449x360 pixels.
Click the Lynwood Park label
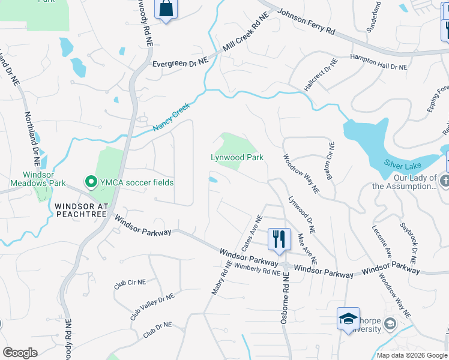coord(237,158)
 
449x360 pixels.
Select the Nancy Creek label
coord(171,117)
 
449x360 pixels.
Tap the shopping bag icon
coord(166,10)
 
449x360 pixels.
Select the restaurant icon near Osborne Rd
coord(279,239)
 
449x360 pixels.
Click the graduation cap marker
coord(348,319)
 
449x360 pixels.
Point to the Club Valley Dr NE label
coord(152,306)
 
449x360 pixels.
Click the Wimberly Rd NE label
coord(257,269)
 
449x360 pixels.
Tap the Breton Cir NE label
coord(331,160)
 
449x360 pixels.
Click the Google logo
coord(20,353)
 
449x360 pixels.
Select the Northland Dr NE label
coord(31,139)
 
